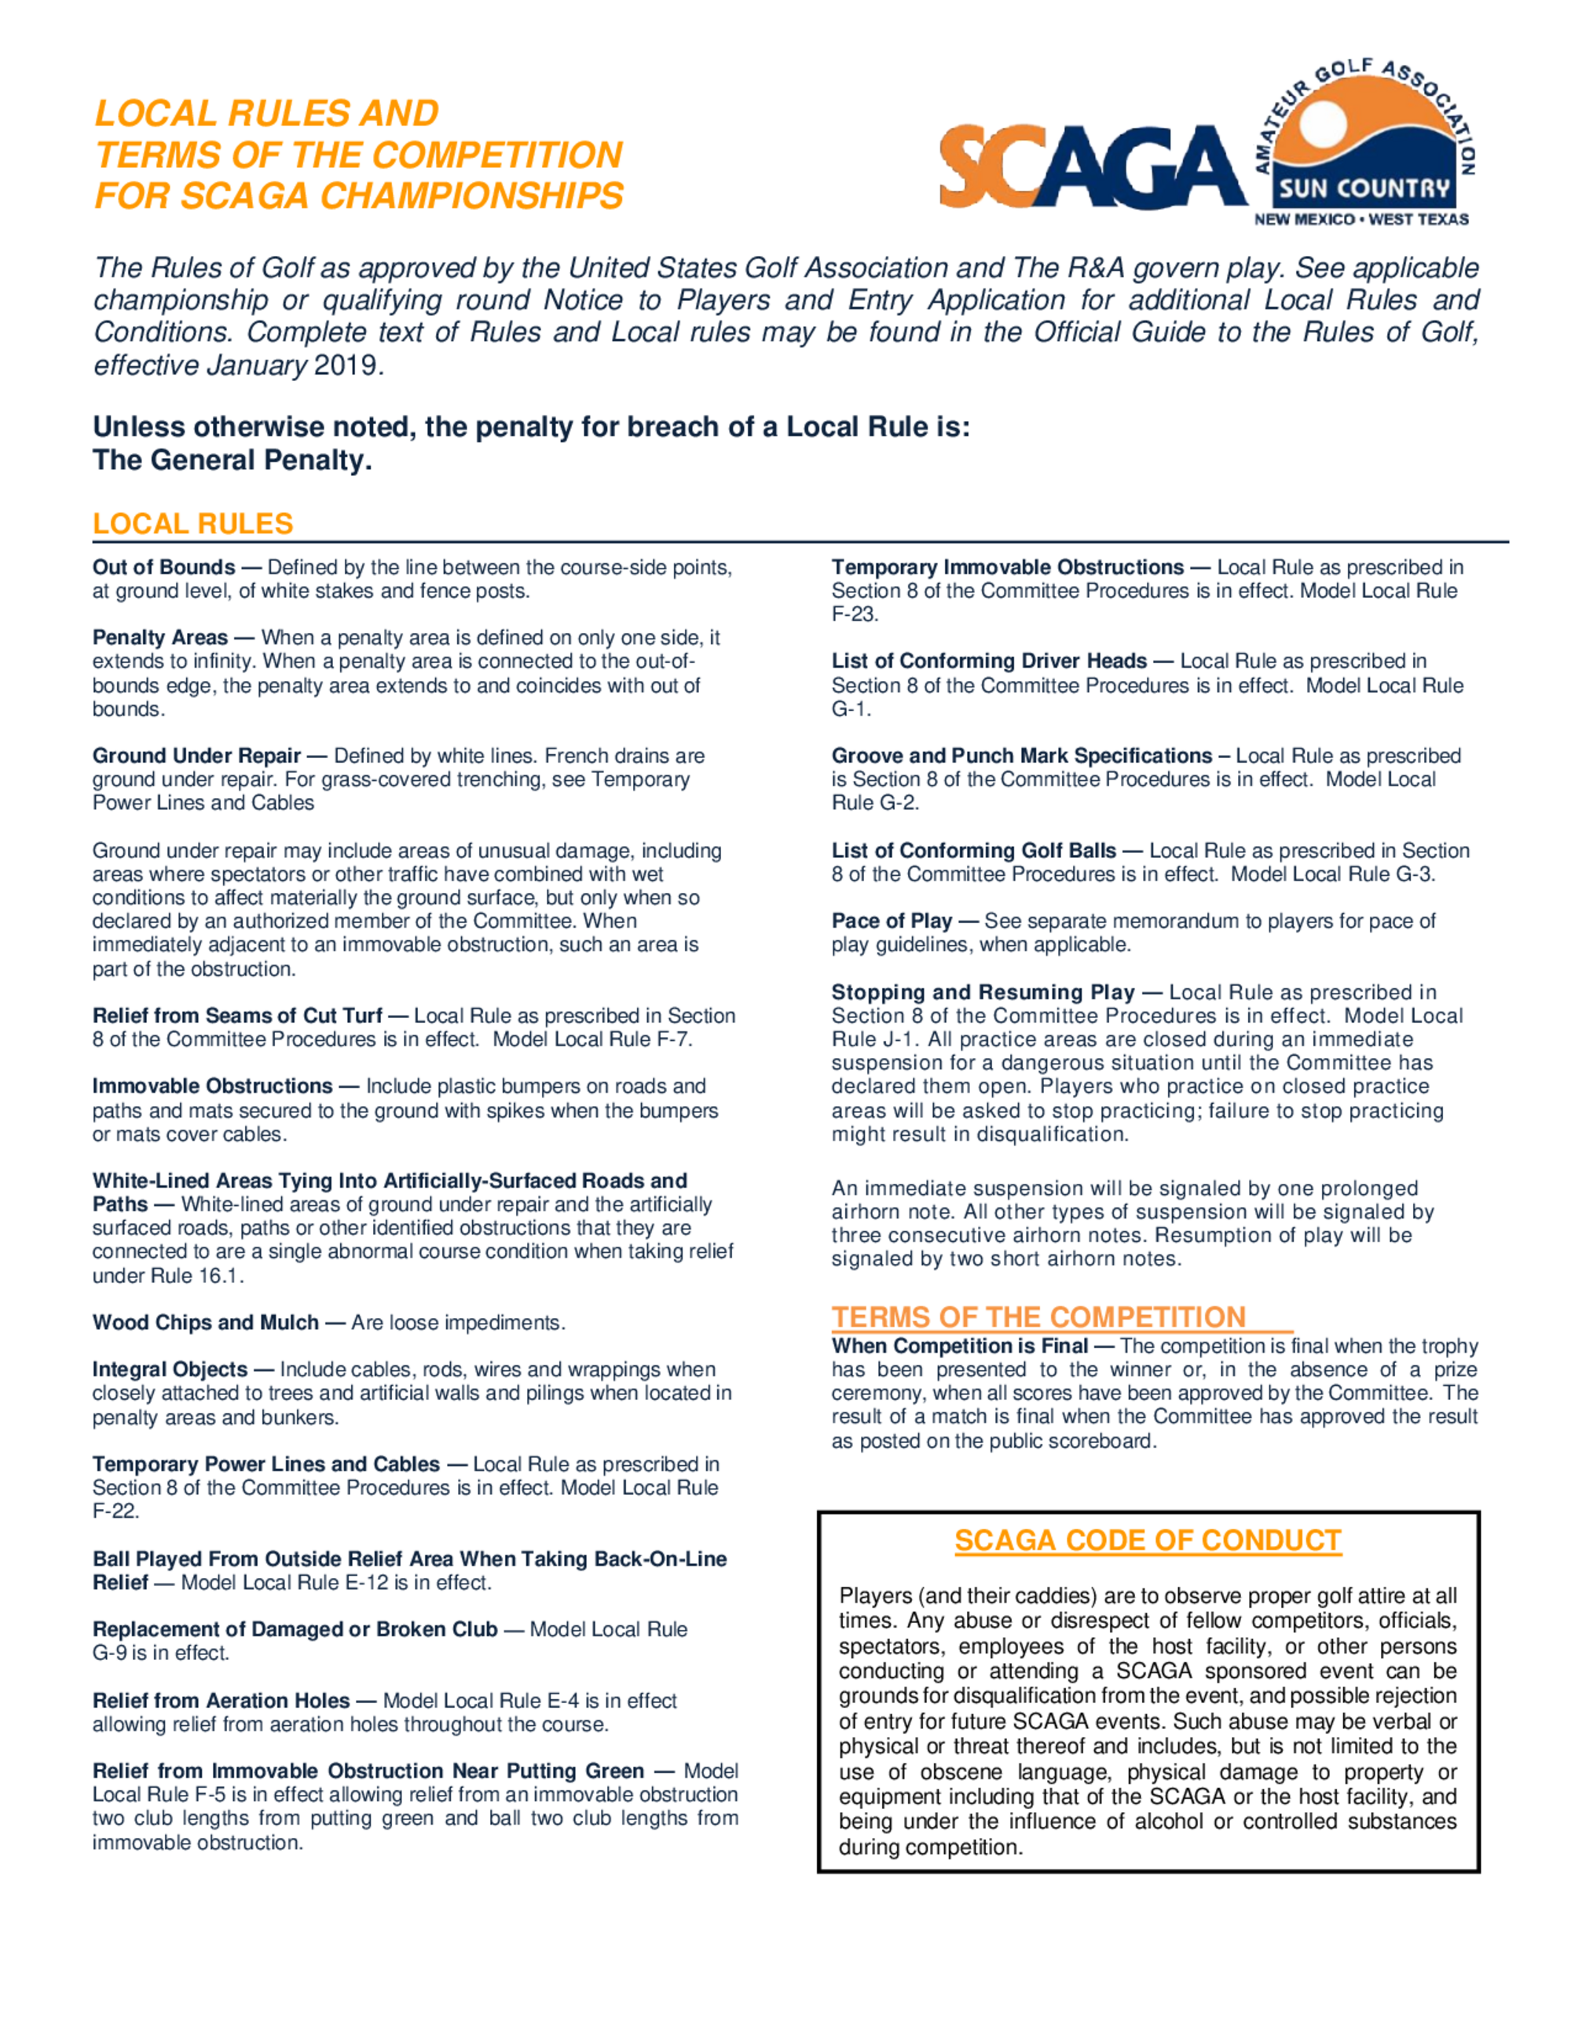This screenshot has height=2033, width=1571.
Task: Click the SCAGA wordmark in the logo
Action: [1093, 167]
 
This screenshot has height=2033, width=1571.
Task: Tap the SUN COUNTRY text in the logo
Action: [1364, 189]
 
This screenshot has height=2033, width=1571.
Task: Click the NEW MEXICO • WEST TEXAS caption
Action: [1360, 220]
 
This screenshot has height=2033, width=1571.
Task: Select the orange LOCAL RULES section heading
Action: [192, 524]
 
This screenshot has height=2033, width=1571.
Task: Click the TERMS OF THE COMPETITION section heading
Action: [1038, 1317]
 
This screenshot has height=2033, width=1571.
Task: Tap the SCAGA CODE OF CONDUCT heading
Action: [1147, 1540]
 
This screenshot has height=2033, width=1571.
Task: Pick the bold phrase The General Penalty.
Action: [232, 460]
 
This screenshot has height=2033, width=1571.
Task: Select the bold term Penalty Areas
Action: [160, 638]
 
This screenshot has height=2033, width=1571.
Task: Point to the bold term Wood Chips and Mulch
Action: [205, 1323]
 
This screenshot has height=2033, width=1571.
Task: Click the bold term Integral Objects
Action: [170, 1369]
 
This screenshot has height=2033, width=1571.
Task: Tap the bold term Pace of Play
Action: [891, 921]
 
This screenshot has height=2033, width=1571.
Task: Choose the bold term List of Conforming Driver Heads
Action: [988, 661]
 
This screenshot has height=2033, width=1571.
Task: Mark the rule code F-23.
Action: [853, 614]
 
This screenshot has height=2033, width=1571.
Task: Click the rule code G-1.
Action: [850, 709]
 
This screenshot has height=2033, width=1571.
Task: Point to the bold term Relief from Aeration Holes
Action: [221, 1701]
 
